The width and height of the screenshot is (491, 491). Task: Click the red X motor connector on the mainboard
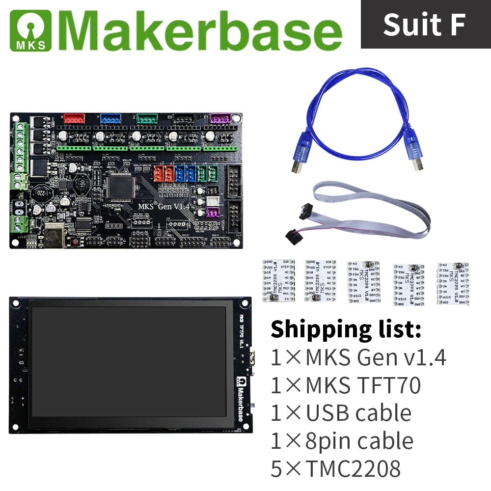pos(74,119)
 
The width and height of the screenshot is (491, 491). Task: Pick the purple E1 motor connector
pos(219,119)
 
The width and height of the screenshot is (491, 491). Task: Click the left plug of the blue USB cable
pos(299,157)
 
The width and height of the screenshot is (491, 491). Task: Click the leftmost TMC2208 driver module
pos(278,280)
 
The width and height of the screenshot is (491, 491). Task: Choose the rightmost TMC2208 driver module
pos(452,284)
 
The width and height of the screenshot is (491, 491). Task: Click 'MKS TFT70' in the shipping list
pos(362,385)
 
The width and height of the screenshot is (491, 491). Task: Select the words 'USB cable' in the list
pos(358,413)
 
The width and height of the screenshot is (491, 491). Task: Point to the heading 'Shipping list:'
pos(346,329)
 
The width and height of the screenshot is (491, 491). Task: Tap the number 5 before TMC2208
pos(277,469)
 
